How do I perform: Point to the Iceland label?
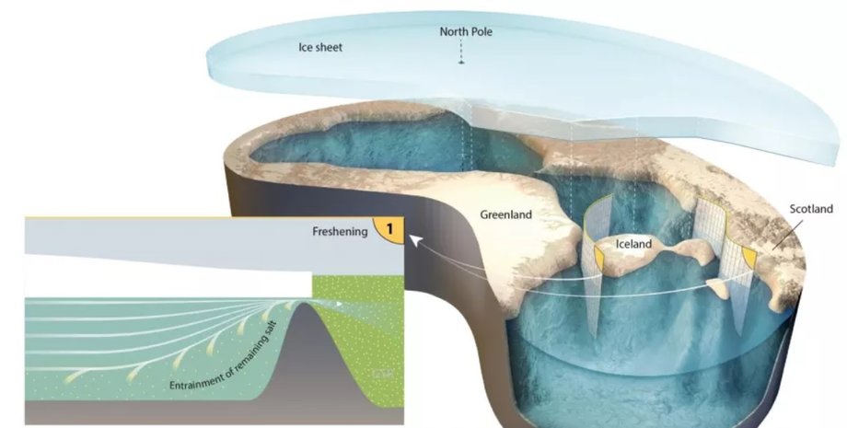click(633, 245)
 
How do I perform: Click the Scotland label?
click(811, 209)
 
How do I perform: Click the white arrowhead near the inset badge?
click(413, 241)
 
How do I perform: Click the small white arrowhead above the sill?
click(340, 302)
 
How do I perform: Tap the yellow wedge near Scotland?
click(748, 259)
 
